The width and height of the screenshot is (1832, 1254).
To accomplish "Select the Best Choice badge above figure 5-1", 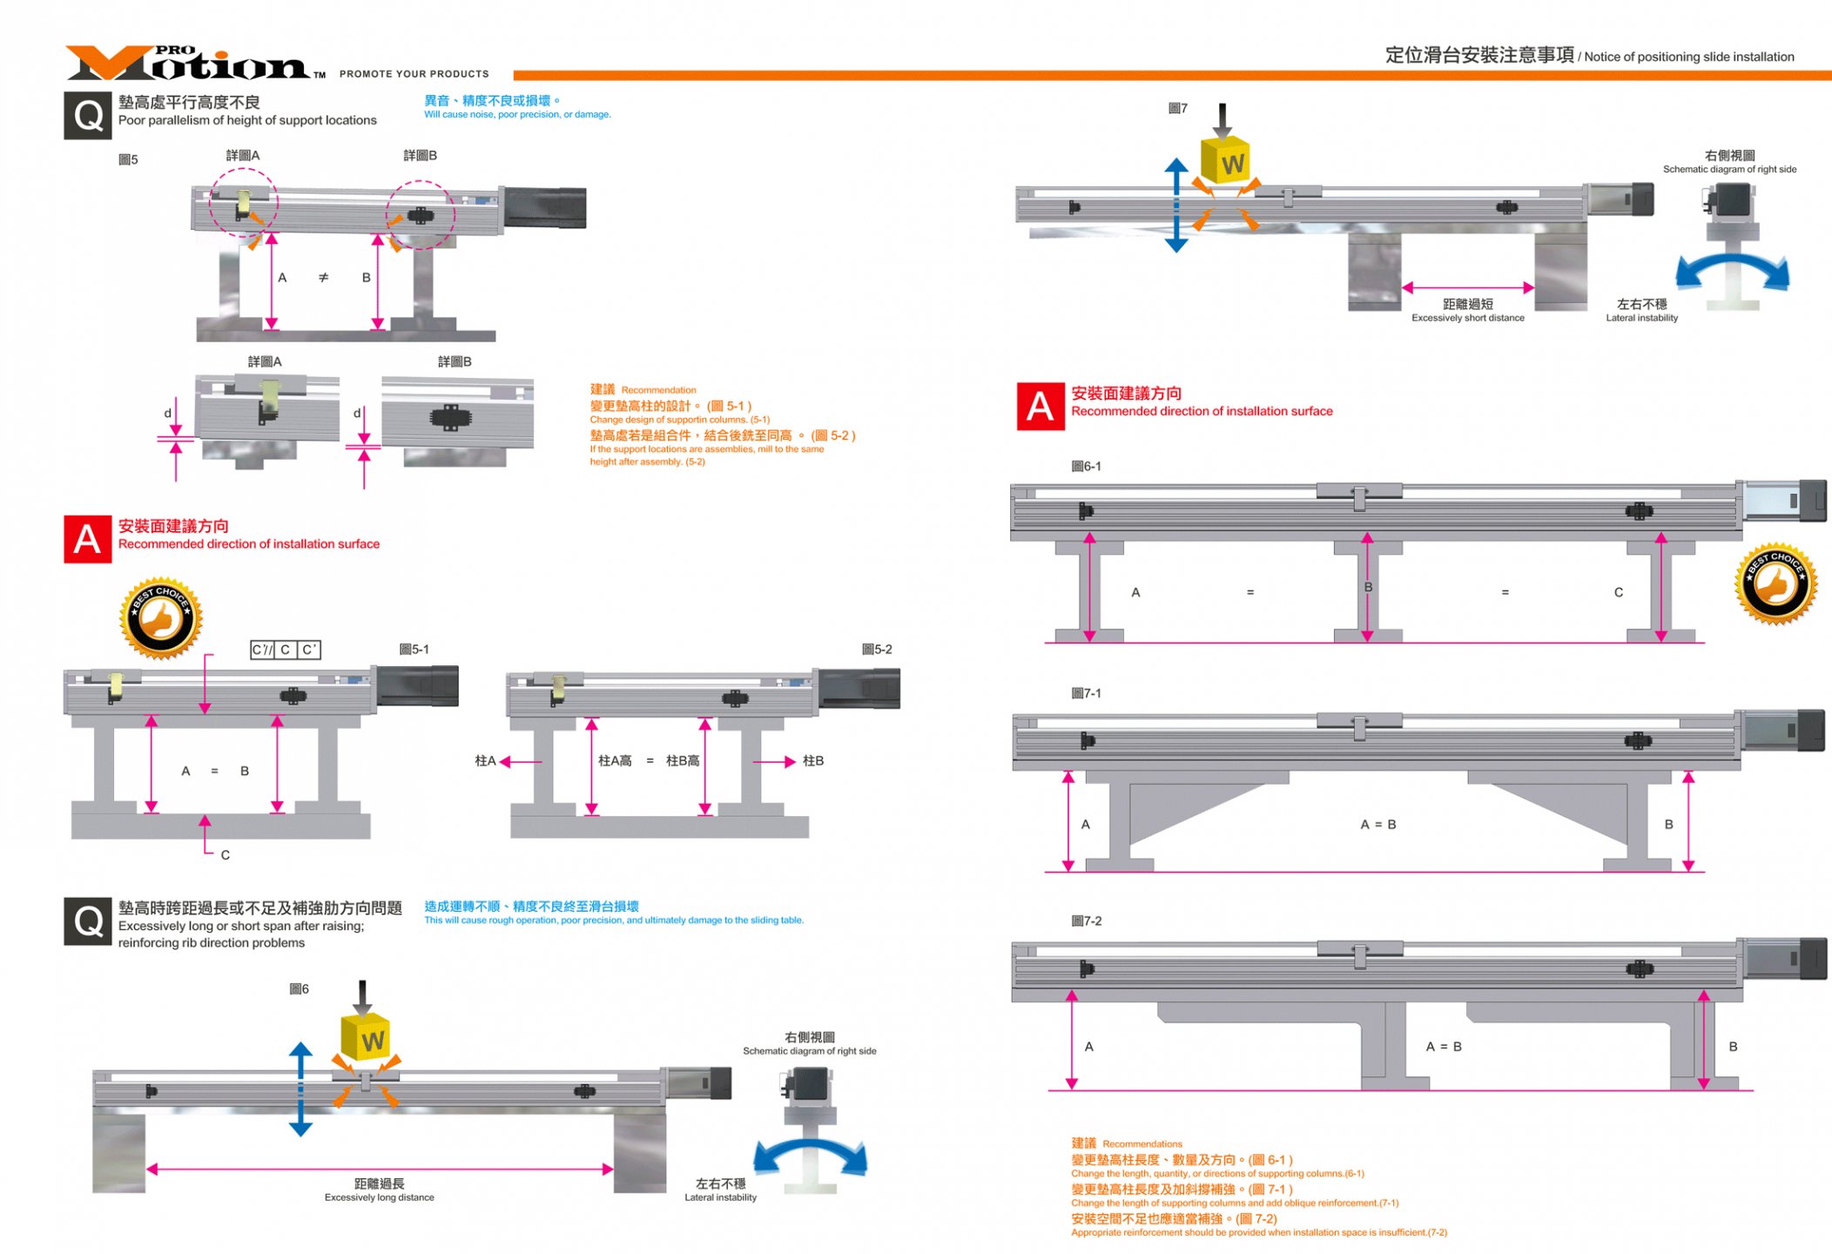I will pyautogui.click(x=161, y=617).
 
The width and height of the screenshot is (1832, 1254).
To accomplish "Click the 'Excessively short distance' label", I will pyautogui.click(x=1467, y=318).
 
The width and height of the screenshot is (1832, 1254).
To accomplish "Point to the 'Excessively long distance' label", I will pyautogui.click(x=379, y=1197).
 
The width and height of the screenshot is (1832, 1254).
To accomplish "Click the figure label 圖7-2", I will pyautogui.click(x=1086, y=920).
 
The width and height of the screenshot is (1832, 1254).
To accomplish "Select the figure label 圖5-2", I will pyautogui.click(x=876, y=649).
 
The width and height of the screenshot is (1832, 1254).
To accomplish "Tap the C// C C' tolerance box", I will pyautogui.click(x=285, y=650).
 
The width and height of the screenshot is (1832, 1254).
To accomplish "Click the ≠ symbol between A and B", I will pyautogui.click(x=323, y=277).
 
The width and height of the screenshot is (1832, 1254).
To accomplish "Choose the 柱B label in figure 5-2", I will pyautogui.click(x=812, y=760).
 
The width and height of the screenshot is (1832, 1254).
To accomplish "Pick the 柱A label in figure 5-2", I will pyautogui.click(x=485, y=760).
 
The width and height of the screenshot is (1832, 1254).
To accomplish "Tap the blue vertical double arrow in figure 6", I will pyautogui.click(x=300, y=1089).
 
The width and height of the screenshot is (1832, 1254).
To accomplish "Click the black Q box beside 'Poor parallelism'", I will pyautogui.click(x=87, y=115).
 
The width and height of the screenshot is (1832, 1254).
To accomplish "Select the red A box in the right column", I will pyautogui.click(x=1041, y=406).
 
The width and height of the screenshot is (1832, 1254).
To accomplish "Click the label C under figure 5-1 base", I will pyautogui.click(x=225, y=855).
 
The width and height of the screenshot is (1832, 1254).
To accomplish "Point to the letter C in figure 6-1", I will pyautogui.click(x=1618, y=592).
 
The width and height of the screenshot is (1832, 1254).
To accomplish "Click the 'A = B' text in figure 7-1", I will pyautogui.click(x=1377, y=824).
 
